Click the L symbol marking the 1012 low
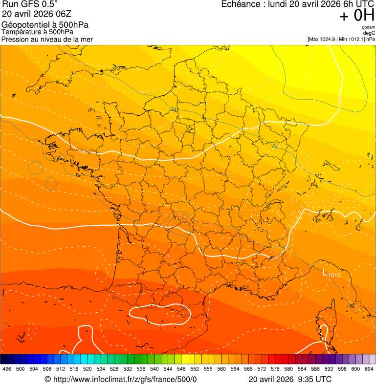point(325,271)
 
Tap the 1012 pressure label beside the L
point(334,276)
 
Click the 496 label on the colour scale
point(7,369)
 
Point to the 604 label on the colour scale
point(369,369)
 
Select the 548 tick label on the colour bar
point(181,369)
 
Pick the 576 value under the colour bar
point(275,369)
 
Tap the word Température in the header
point(21,32)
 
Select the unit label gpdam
point(369,27)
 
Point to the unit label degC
point(370,33)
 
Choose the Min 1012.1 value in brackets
point(352,39)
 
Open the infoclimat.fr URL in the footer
point(124,380)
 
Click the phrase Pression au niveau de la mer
point(47,39)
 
